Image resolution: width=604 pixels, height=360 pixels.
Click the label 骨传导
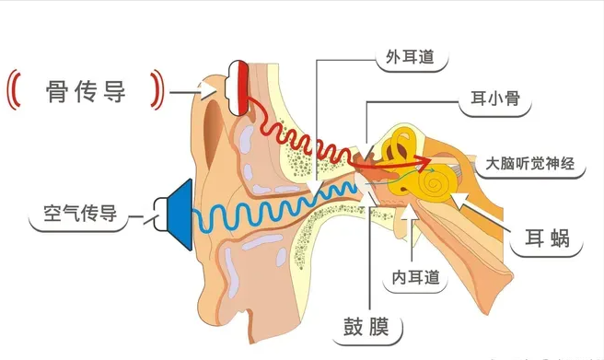point(85,91)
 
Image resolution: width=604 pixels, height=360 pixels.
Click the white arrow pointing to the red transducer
point(210,89)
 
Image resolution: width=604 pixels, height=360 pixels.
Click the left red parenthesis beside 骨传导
point(13,90)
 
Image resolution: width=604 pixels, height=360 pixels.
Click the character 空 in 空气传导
point(42,215)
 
